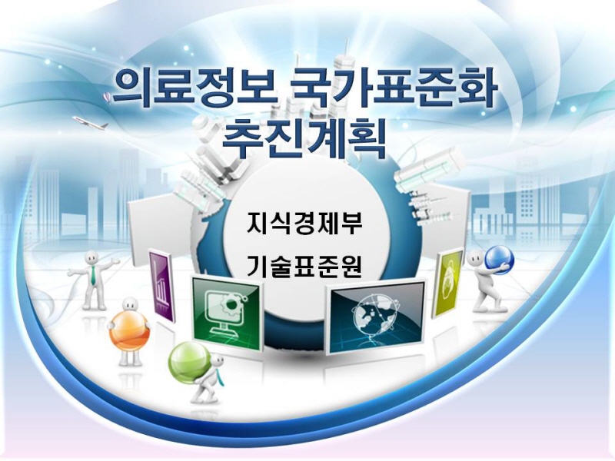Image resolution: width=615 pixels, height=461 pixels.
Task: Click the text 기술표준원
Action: [x=304, y=265]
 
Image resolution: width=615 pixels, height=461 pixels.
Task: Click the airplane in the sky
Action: [x=90, y=122]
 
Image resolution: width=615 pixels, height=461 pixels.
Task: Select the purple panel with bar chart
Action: [x=161, y=285]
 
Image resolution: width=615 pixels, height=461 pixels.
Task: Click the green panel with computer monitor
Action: [x=226, y=312]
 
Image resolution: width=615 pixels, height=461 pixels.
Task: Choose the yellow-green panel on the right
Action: [x=447, y=283]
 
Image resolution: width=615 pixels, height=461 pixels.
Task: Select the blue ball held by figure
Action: [x=499, y=259]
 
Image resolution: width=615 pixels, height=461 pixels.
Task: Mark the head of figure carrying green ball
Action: [x=217, y=363]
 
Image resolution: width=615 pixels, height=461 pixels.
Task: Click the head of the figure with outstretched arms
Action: [x=93, y=258]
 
